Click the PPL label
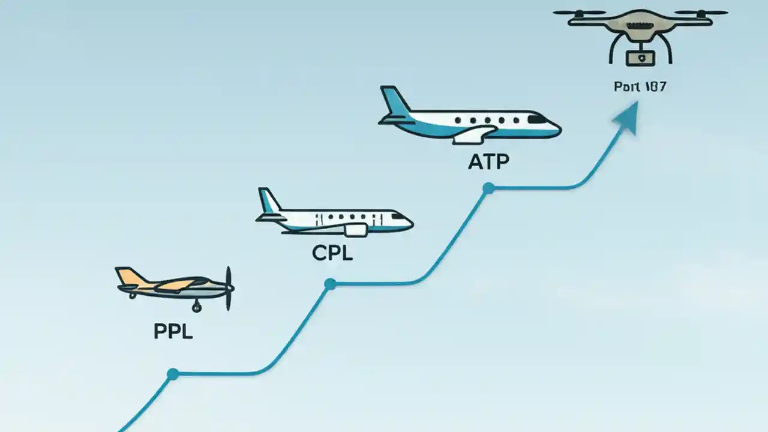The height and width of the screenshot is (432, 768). coord(173,332)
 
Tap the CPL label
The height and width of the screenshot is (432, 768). coord(332,253)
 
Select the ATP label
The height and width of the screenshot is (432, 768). coord(488,161)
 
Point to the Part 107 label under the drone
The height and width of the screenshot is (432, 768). coord(640,86)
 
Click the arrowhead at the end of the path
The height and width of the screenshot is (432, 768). coord(626,115)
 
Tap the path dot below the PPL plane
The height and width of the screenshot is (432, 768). coord(173,374)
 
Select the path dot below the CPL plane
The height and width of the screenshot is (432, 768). coord(329,284)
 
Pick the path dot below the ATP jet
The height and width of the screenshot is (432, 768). coord(488,188)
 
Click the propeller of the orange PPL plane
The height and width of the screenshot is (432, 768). coord(228,288)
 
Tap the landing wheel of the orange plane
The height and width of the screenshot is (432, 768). coord(196,308)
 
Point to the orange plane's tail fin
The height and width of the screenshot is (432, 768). coord(127,276)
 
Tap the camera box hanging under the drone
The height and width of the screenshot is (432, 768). coord(640,58)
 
